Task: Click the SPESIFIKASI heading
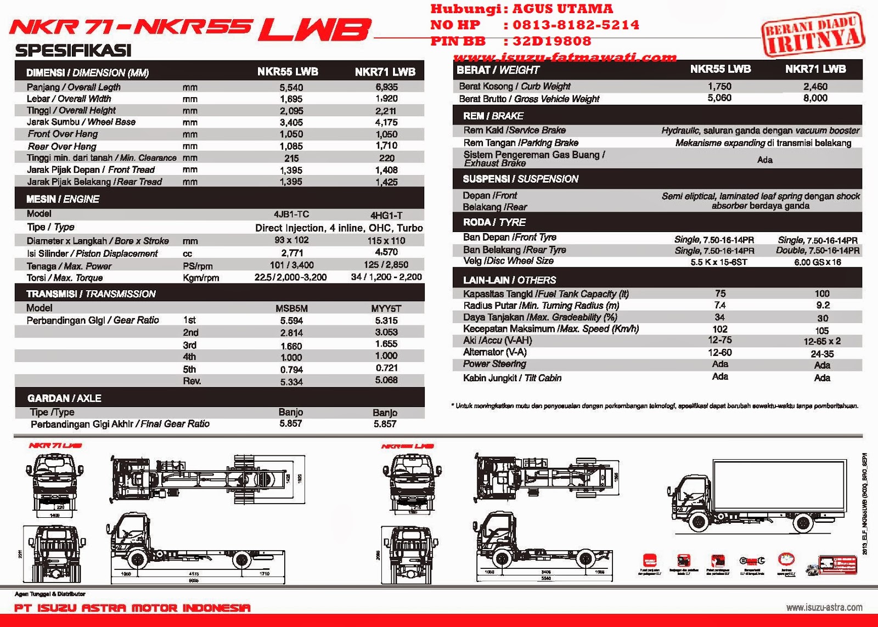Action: point(73,50)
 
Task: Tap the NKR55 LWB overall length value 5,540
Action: point(291,87)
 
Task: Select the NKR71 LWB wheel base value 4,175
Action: point(386,122)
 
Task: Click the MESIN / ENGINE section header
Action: point(63,199)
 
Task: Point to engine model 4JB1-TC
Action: point(291,214)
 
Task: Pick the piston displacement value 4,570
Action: point(386,252)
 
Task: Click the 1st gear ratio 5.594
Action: point(291,321)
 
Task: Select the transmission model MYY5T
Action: point(386,309)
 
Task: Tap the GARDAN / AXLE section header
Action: point(64,398)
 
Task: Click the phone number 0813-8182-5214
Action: point(576,25)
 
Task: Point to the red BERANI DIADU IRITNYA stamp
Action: point(813,34)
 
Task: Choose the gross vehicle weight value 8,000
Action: point(815,98)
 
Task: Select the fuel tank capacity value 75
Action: point(720,294)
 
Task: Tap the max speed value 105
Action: point(821,331)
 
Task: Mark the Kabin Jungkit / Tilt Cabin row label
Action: point(512,378)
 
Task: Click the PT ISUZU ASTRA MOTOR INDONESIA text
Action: point(132,608)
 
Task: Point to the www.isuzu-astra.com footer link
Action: point(824,607)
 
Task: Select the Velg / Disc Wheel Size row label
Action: point(508,261)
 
